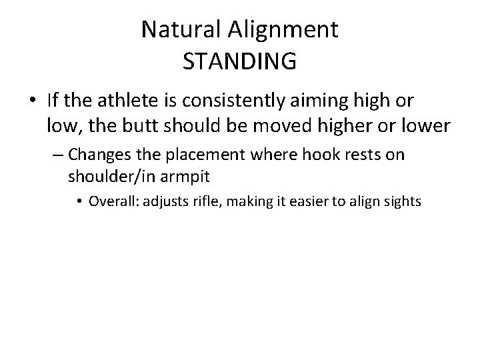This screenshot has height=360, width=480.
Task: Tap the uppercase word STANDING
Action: coord(239,61)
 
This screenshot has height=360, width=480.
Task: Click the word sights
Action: coord(402,201)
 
